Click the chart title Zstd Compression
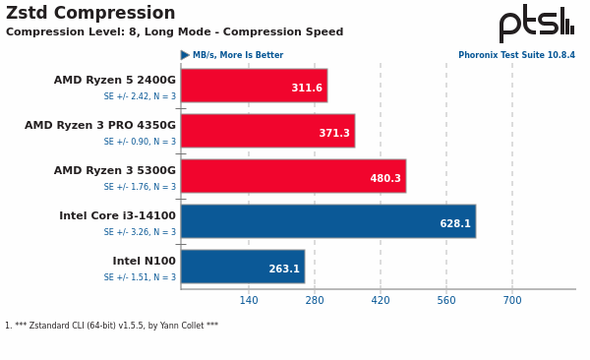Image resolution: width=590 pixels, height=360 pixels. pos(90,14)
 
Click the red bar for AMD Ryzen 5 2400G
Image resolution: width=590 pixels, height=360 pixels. pos(254,86)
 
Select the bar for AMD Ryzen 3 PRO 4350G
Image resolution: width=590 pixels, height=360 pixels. pos(267,131)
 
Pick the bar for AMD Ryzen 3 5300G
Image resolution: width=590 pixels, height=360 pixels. pos(293,176)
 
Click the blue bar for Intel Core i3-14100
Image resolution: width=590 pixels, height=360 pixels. pos(328,221)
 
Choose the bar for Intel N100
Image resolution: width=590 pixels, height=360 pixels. pos(242,267)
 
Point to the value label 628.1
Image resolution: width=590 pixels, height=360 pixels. pos(455,224)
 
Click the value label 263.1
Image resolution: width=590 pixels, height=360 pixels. pos(284,270)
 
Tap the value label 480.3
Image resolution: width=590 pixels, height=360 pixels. pos(385,179)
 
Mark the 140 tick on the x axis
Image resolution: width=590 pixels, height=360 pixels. pos(249,300)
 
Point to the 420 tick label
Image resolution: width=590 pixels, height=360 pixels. pos(381,300)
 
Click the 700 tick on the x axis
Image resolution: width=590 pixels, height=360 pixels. pos(512,300)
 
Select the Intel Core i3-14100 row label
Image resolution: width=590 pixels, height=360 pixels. pos(117,216)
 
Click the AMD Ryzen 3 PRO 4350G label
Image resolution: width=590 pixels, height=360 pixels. pos(100,126)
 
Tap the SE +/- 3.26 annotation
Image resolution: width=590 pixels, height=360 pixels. pos(140,232)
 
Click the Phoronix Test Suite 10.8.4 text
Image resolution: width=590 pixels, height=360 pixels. pos(516,56)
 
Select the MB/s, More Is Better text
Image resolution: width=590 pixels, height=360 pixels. pos(237,56)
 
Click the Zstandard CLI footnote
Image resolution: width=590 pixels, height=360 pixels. pos(111,326)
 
